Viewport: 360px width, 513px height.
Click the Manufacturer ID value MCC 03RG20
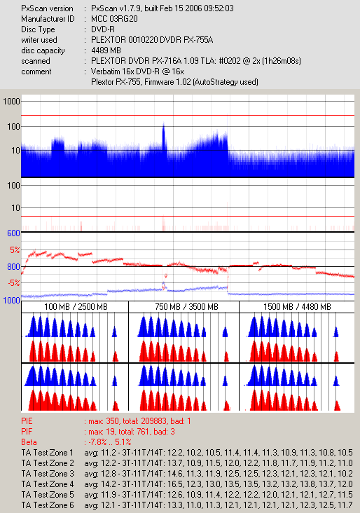pyautogui.click(x=114, y=19)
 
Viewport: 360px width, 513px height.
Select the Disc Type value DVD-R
pyautogui.click(x=103, y=29)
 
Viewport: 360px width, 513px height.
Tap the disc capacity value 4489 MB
pyautogui.click(x=106, y=50)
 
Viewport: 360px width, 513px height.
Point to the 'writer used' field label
pyautogui.click(x=39, y=40)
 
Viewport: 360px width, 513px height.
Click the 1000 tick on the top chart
pyautogui.click(x=12, y=102)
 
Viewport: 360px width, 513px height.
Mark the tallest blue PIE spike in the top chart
pyautogui.click(x=163, y=124)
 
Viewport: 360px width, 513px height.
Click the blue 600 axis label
pyautogui.click(x=13, y=233)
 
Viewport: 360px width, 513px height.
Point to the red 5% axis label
pyautogui.click(x=15, y=250)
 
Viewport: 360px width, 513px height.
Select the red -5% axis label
pyautogui.click(x=14, y=282)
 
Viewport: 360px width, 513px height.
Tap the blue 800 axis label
pyautogui.click(x=13, y=266)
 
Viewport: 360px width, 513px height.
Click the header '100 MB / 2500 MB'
pyautogui.click(x=76, y=307)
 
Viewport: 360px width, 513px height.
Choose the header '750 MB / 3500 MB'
pyautogui.click(x=186, y=307)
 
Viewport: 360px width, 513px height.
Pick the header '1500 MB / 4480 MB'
pyautogui.click(x=297, y=307)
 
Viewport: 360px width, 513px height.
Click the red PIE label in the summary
pyautogui.click(x=27, y=421)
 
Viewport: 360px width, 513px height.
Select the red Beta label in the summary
pyautogui.click(x=29, y=442)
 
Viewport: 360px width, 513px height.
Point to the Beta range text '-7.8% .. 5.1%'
pyautogui.click(x=110, y=442)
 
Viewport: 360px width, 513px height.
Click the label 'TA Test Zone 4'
pyautogui.click(x=48, y=484)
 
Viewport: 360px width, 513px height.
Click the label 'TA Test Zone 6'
pyautogui.click(x=48, y=505)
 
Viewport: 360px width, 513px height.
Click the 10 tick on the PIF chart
pyautogui.click(x=15, y=207)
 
